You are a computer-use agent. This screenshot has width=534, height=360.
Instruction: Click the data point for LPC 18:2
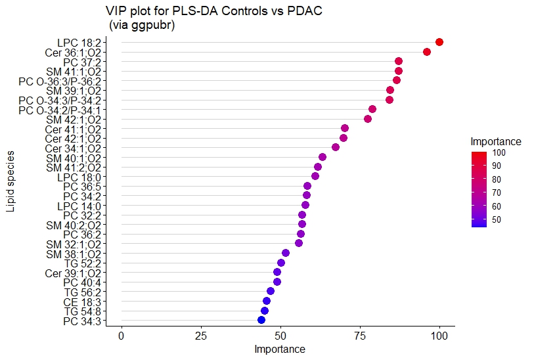coord(439,42)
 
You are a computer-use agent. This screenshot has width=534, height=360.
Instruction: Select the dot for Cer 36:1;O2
coord(427,52)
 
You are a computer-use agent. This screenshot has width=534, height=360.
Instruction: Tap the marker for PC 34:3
coord(261,320)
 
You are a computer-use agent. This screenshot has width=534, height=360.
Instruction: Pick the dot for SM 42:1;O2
coord(368,119)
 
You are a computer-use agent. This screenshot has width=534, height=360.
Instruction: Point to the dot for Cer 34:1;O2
coord(336,147)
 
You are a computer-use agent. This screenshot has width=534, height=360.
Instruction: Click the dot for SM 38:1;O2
coord(286,253)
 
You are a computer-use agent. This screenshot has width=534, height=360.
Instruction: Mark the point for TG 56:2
coord(271,291)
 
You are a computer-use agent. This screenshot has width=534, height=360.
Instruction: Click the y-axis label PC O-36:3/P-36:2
coord(60,81)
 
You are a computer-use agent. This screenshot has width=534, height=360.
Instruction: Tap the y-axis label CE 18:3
coord(82,302)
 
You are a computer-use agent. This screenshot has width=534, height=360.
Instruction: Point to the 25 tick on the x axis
coord(201,335)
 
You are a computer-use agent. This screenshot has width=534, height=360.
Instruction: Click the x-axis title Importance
coord(280,349)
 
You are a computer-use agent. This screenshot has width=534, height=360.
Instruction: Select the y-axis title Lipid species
coord(11,181)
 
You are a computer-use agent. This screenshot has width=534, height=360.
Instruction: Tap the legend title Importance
coord(496,141)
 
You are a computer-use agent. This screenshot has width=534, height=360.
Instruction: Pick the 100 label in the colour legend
coord(499,152)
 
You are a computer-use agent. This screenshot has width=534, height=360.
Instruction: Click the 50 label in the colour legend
coord(497,220)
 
